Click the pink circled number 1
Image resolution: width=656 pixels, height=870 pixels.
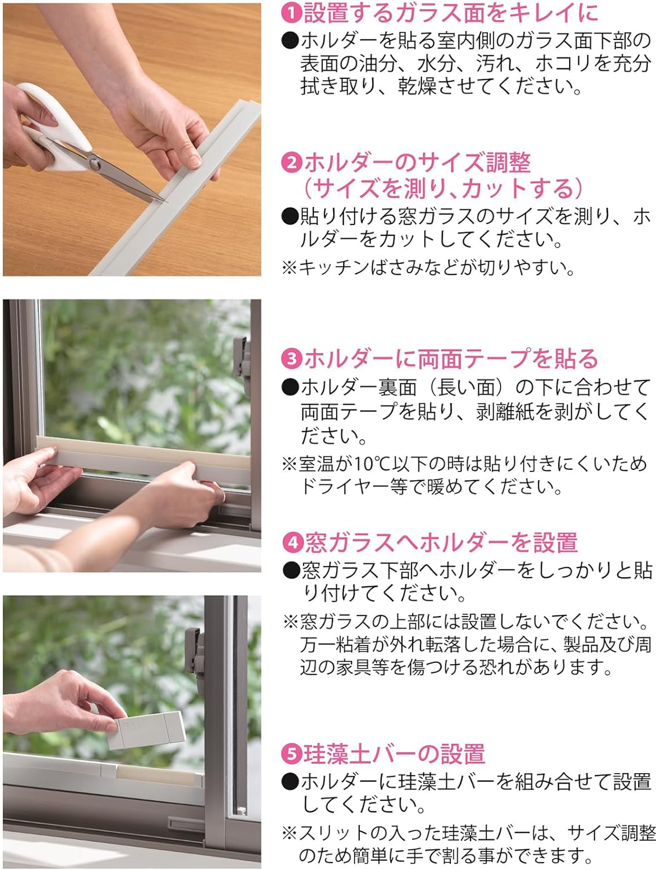(x=291, y=13)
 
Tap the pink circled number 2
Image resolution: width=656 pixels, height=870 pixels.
(x=291, y=163)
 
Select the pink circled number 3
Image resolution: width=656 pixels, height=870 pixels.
(x=291, y=358)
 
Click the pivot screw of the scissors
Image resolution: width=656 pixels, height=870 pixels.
(x=94, y=162)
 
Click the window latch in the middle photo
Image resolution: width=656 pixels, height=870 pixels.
(x=242, y=365)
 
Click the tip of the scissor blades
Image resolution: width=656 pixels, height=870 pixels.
(x=166, y=201)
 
